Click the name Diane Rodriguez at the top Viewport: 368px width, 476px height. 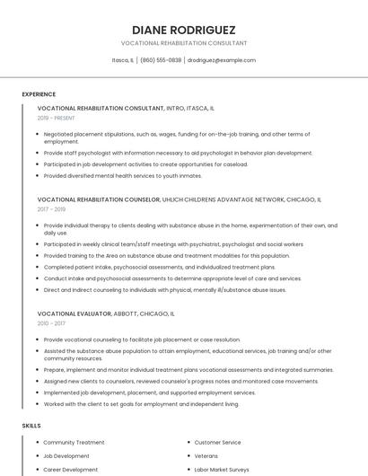click(184, 29)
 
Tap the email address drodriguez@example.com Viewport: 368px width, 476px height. click(222, 60)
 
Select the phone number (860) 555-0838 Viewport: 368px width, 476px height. click(161, 60)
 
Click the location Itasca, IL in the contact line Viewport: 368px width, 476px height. click(123, 60)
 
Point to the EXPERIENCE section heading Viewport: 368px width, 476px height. click(39, 94)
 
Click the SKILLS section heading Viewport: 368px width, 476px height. click(31, 425)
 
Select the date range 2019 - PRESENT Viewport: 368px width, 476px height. click(57, 118)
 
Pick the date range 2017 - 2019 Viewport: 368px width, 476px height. click(52, 209)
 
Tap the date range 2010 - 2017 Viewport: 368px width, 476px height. click(52, 323)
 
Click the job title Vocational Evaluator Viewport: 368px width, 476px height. click(74, 313)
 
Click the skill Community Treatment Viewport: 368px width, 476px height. click(74, 442)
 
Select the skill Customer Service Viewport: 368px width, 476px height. click(217, 442)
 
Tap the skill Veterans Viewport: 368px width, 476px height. click(206, 455)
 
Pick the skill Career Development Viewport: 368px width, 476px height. click(71, 469)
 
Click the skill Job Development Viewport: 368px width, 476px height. click(66, 455)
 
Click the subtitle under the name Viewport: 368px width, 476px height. click(184, 43)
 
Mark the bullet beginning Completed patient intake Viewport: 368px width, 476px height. click(160, 267)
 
